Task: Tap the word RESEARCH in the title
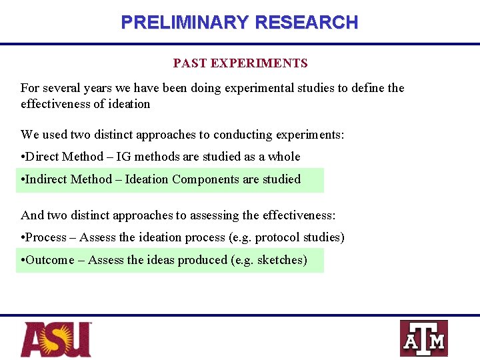coord(306,22)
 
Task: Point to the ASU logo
coord(56,339)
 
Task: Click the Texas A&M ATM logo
coord(423,339)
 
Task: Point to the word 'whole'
coord(284,157)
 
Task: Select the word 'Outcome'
coord(49,260)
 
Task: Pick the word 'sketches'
coord(282,260)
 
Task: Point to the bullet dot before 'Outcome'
coord(23,260)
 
